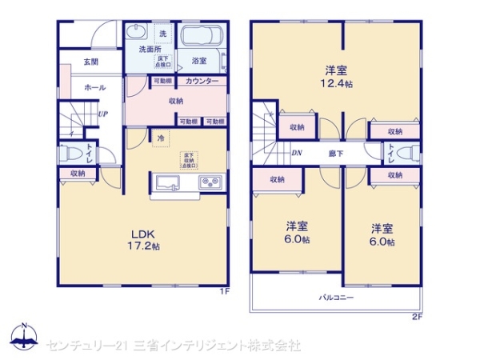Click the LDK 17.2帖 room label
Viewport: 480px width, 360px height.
pos(146,240)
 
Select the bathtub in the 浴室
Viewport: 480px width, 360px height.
pos(201,38)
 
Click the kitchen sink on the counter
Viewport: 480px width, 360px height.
pos(169,183)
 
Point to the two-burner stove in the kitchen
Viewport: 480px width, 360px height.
pos(210,183)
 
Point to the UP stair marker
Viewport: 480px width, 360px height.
pos(103,114)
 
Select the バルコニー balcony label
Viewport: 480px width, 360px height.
pos(337,297)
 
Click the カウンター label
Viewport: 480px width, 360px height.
pos(202,82)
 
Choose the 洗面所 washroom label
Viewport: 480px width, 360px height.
pos(150,50)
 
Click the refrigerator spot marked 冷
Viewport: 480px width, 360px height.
pos(160,138)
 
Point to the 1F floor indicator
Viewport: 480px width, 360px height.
pos(226,291)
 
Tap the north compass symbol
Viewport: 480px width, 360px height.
pos(24,335)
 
